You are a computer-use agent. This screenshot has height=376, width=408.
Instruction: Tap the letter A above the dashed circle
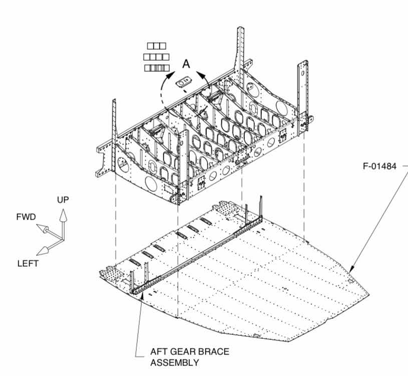[x=186, y=64]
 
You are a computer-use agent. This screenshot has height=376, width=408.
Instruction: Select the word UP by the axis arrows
[x=63, y=199]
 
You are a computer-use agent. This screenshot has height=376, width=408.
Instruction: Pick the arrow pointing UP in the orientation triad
[x=63, y=216]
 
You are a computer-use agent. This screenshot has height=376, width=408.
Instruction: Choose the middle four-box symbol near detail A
[x=156, y=57]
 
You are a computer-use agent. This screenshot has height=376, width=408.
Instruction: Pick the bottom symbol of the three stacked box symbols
[x=156, y=68]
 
